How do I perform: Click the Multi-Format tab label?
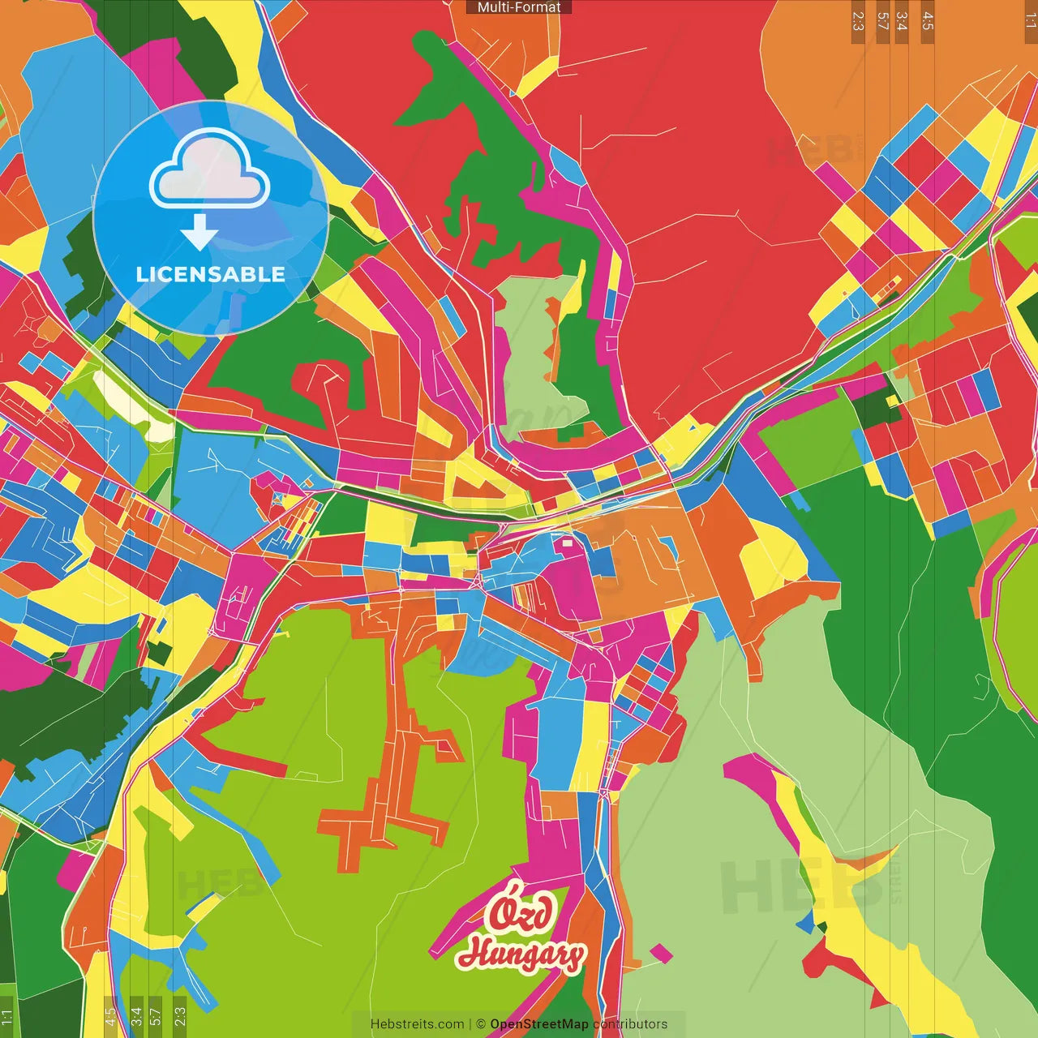519,7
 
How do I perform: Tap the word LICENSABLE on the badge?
210,274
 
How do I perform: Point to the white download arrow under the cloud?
199,233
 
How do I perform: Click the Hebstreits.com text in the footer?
417,1024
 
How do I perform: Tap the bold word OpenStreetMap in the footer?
539,1024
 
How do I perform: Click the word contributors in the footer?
630,1024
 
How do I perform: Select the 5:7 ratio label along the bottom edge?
156,1015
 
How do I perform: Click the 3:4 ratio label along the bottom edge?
135,1015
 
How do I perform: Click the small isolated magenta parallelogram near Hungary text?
661,953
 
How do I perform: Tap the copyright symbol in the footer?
480,1024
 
